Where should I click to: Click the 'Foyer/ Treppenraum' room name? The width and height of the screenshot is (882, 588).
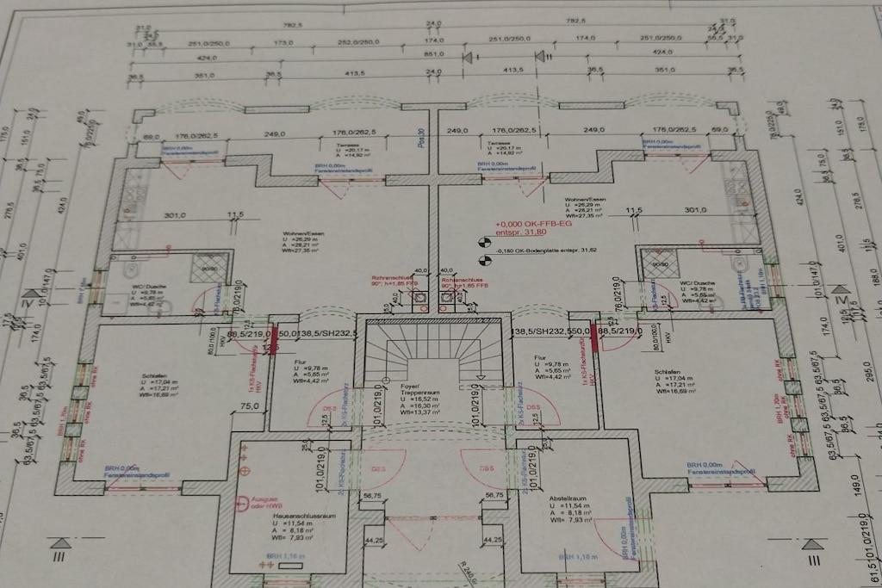click(x=420, y=392)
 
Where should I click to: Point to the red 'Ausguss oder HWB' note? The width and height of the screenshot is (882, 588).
click(x=266, y=502)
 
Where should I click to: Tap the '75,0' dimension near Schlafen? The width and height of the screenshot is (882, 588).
click(x=251, y=406)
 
